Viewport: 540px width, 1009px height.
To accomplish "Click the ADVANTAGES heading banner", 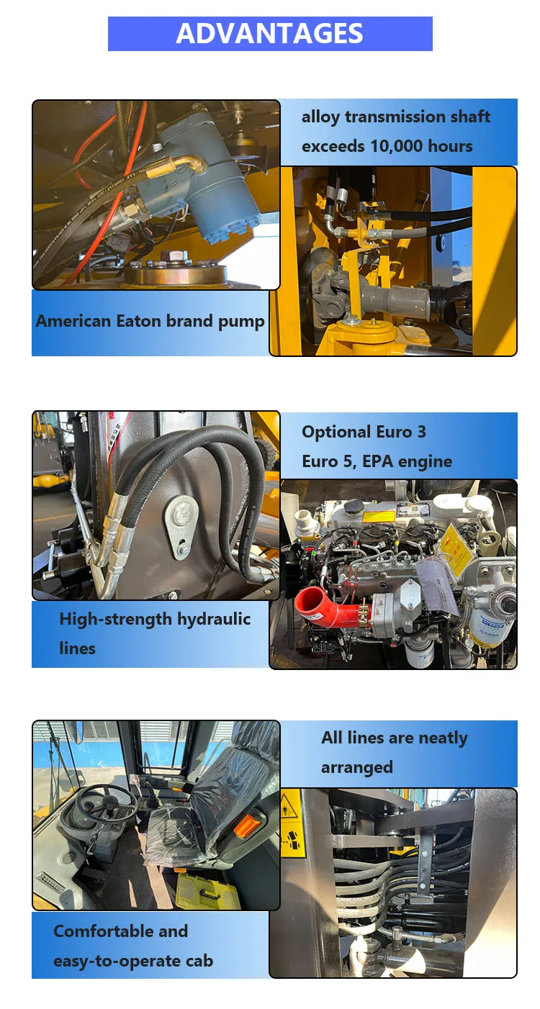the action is tap(270, 34).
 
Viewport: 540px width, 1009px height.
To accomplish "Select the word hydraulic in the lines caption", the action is tap(214, 620).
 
